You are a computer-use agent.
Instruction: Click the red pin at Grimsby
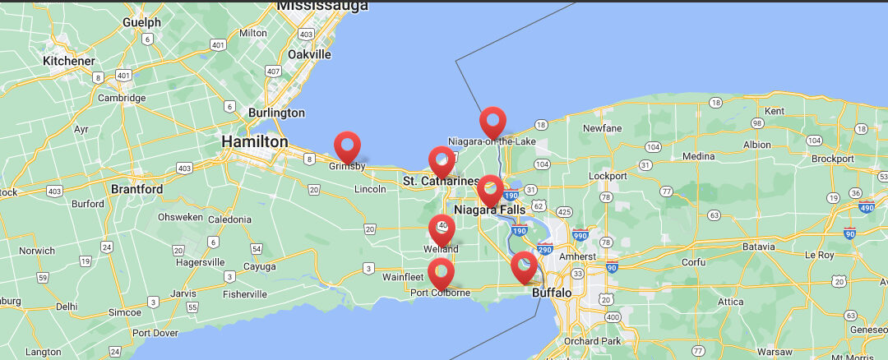pos(348,145)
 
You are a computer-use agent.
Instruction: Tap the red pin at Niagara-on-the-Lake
pos(493,122)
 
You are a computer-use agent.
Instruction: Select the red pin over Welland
pos(442,228)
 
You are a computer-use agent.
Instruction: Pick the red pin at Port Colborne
pos(441,272)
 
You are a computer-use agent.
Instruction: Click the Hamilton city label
pos(255,142)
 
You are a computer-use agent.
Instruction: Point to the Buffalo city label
pos(552,293)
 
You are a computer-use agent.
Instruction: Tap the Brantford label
pos(138,189)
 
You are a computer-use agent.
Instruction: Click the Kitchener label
pos(70,61)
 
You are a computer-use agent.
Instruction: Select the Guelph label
pos(141,22)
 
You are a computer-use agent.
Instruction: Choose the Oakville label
pos(309,54)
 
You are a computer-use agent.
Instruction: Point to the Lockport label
pos(608,176)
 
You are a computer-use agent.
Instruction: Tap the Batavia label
pos(757,247)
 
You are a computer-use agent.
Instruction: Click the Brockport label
pos(833,159)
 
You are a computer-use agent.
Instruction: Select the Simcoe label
pos(125,312)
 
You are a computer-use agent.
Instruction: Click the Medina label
pos(698,156)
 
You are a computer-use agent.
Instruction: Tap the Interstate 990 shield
pos(581,234)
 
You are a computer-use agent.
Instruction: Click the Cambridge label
pos(123,98)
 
